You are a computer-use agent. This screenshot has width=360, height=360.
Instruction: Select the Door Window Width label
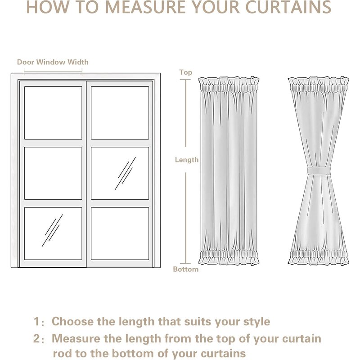(53, 62)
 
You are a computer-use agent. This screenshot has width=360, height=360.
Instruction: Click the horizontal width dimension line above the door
(53, 70)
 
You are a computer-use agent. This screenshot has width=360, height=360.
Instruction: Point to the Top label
(185, 72)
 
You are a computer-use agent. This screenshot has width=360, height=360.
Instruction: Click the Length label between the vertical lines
(186, 160)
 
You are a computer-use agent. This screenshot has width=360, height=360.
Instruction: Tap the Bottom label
(185, 269)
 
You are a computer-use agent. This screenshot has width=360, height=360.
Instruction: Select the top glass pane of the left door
(53, 112)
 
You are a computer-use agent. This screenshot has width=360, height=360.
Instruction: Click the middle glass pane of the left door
(53, 173)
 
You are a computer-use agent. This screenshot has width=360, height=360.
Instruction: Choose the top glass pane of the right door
(120, 112)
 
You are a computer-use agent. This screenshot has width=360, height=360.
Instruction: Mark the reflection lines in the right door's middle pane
(126, 173)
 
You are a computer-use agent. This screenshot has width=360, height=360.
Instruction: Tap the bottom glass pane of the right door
(120, 233)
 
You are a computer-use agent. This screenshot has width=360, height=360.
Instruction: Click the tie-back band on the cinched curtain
(319, 171)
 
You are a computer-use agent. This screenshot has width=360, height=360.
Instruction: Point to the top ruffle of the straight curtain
(229, 83)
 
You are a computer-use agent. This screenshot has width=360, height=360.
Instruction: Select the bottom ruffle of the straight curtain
(229, 258)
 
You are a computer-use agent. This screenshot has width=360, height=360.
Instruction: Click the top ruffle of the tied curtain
(319, 83)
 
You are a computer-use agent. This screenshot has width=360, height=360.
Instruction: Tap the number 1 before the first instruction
(36, 322)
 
